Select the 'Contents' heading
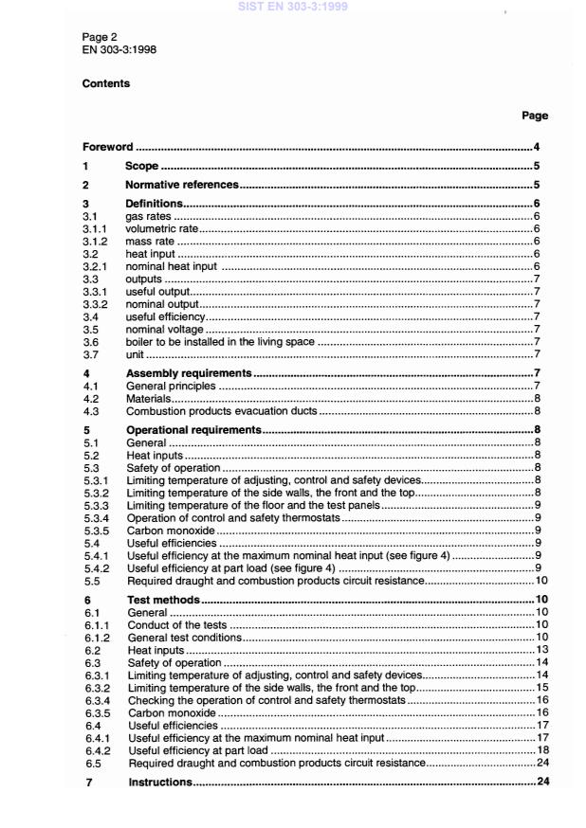click(x=105, y=83)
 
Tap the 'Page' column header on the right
click(x=535, y=116)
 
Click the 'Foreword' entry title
click(x=106, y=148)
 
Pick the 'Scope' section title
click(x=141, y=167)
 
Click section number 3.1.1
click(x=95, y=228)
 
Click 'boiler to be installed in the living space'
click(x=220, y=341)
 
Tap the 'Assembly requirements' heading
click(x=189, y=373)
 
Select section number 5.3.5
click(x=96, y=531)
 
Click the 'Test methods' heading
click(x=162, y=600)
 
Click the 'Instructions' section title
click(x=160, y=782)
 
